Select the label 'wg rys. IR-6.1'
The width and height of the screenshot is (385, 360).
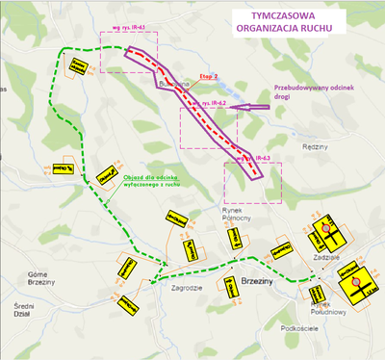[x=129, y=28]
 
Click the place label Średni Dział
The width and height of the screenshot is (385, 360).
[x=16, y=311]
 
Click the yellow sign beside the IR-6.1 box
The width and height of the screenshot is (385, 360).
[x=73, y=65]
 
